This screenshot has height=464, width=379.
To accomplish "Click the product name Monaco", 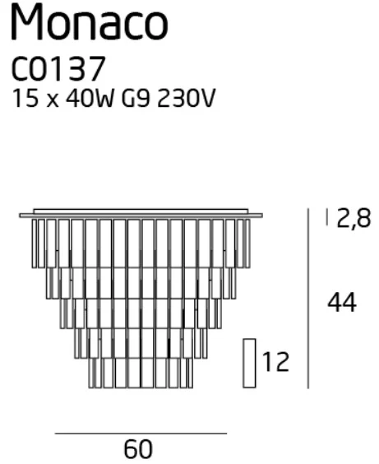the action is pyautogui.click(x=90, y=22).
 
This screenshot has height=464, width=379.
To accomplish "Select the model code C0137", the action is pyautogui.click(x=58, y=69).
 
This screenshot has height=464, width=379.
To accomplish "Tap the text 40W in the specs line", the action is pyautogui.click(x=90, y=98).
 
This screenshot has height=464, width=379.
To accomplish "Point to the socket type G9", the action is pyautogui.click(x=135, y=98).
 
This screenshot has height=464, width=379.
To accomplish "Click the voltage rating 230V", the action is pyautogui.click(x=186, y=98).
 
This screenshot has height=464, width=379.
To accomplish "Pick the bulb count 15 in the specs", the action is pyautogui.click(x=25, y=98).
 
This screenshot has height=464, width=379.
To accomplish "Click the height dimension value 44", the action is pyautogui.click(x=342, y=303).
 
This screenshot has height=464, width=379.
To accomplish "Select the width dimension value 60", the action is pyautogui.click(x=138, y=449).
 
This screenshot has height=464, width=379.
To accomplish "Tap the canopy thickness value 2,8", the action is pyautogui.click(x=354, y=218).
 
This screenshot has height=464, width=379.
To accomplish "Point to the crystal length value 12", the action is pyautogui.click(x=275, y=362).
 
